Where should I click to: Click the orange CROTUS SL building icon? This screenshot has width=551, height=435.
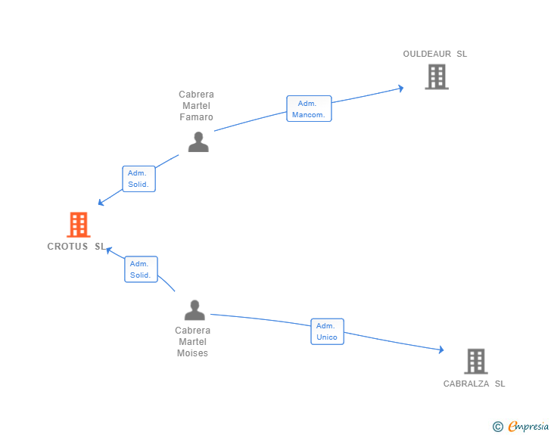[79, 225]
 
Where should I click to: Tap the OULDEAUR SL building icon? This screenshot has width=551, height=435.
[437, 76]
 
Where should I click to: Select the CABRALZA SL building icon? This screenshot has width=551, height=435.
[476, 361]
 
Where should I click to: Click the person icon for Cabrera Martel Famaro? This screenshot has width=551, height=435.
[198, 142]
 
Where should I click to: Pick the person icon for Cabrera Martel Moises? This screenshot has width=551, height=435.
[195, 310]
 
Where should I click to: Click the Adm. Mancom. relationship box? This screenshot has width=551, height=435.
[309, 109]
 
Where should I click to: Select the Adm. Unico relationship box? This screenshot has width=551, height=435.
[327, 331]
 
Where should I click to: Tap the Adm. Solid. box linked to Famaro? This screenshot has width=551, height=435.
[139, 179]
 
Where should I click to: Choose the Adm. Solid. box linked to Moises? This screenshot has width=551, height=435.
[141, 269]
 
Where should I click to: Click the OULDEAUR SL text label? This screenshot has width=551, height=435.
[434, 54]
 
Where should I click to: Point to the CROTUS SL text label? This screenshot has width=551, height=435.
[76, 247]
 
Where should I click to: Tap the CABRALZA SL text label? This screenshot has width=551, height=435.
[474, 384]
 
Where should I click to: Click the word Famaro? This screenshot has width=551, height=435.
[197, 117]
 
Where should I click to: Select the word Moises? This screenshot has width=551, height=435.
[192, 353]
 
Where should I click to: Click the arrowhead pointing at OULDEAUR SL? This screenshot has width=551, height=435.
[400, 89]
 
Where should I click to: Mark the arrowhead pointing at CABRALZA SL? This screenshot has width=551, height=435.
[441, 350]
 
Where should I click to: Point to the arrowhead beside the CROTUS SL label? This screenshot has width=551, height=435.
[109, 250]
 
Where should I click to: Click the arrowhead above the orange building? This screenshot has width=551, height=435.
[101, 202]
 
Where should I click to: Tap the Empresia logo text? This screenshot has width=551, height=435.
[528, 426]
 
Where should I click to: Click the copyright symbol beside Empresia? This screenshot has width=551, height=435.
[498, 427]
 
